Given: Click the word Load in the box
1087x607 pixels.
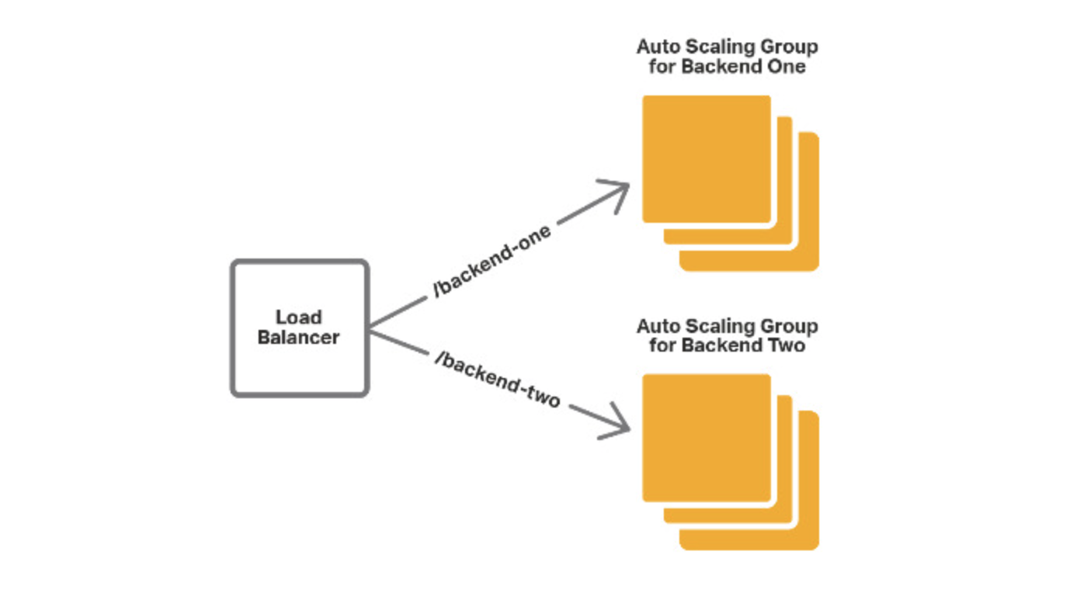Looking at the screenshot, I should pyautogui.click(x=299, y=317).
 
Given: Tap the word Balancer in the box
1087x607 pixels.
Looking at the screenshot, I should pyautogui.click(x=299, y=338).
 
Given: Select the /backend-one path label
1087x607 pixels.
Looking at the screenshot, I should pyautogui.click(x=492, y=262).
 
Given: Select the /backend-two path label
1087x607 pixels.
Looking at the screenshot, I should pyautogui.click(x=498, y=380).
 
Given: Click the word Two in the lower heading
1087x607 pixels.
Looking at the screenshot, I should pyautogui.click(x=787, y=345).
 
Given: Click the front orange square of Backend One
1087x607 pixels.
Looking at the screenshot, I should pyautogui.click(x=706, y=158).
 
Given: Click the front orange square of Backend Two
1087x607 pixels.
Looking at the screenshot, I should pyautogui.click(x=706, y=438).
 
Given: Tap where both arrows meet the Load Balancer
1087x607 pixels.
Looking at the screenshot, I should pyautogui.click(x=370, y=328).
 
